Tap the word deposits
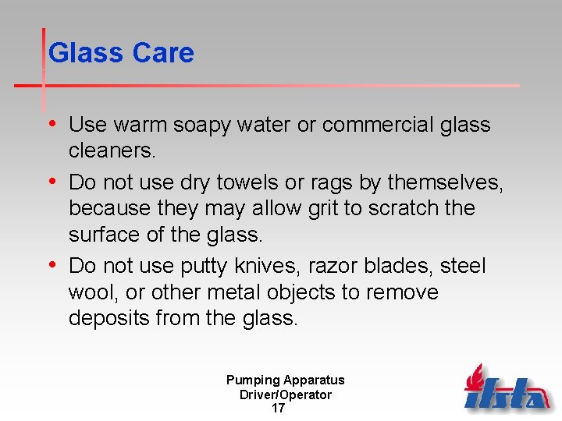(108, 319)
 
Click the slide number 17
(278, 409)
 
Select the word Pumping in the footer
(253, 380)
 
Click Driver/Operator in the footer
(286, 394)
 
